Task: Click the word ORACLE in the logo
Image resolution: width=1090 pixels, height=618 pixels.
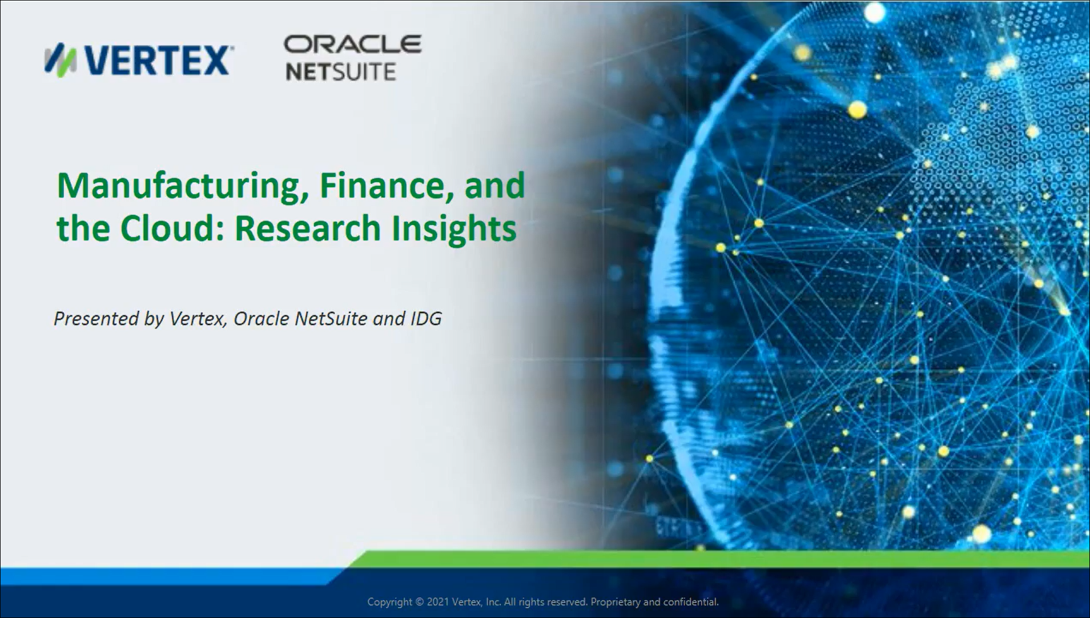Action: pos(353,45)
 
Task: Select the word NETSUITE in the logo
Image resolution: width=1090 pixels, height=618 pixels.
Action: pos(340,72)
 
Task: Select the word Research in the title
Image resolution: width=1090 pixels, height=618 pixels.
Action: pos(307,228)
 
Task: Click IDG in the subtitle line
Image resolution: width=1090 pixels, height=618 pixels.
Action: pos(426,318)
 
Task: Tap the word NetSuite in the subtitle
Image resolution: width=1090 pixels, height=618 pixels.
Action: pos(331,318)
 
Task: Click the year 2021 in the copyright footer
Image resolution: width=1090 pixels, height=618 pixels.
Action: pos(437,602)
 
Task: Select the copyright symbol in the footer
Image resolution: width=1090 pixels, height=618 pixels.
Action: pos(419,602)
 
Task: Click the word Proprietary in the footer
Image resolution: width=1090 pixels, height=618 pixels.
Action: pos(616,603)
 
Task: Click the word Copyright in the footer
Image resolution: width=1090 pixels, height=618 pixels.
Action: pos(389,603)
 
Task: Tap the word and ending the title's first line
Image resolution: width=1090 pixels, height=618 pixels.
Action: pos(494,186)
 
